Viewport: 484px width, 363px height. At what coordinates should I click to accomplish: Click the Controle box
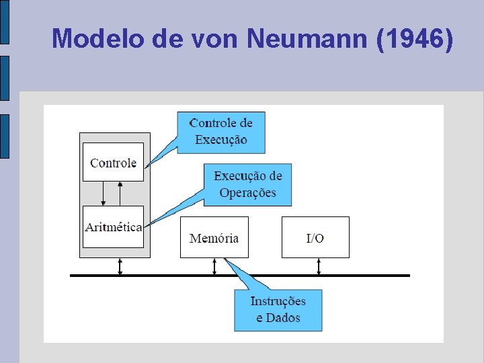(x=113, y=162)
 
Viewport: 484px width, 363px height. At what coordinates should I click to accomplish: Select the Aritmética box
(x=113, y=227)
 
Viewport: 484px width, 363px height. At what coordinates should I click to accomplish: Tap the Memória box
(x=214, y=237)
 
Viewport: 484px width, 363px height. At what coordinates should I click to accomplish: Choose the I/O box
(x=315, y=237)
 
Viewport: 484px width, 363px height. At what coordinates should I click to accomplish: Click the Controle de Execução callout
(x=221, y=132)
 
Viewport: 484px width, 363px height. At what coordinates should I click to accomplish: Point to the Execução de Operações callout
(x=247, y=184)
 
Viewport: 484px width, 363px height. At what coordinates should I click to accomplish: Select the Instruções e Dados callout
(x=278, y=309)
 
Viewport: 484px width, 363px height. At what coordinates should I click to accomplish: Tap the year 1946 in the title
(x=414, y=38)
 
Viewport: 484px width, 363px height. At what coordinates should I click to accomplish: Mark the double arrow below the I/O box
(x=319, y=266)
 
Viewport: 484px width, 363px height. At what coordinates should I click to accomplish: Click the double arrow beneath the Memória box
(x=214, y=266)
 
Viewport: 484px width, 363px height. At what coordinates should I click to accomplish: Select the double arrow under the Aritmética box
(x=120, y=266)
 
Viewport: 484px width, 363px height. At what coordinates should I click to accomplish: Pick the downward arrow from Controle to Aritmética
(x=103, y=194)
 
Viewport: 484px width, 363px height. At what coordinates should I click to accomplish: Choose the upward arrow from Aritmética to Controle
(x=120, y=194)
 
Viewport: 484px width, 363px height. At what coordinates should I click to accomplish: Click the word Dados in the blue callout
(x=283, y=318)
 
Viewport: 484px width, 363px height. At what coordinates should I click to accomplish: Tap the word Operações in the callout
(x=247, y=193)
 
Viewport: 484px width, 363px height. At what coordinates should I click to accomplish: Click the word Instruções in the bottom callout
(x=278, y=301)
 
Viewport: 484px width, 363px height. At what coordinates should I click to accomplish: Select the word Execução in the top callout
(x=221, y=140)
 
